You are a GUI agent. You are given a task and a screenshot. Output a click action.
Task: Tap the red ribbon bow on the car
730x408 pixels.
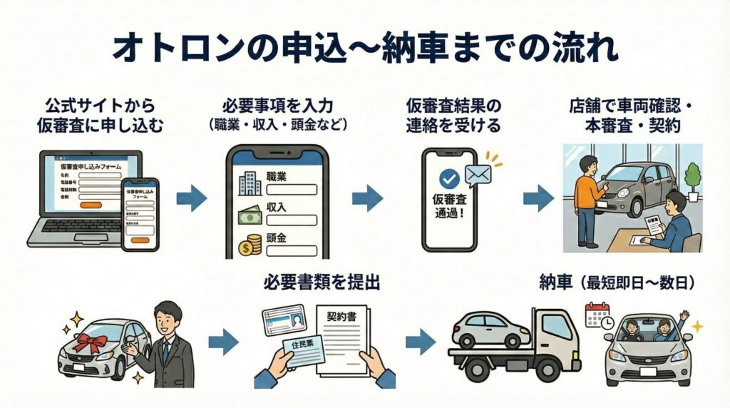[x=91, y=342]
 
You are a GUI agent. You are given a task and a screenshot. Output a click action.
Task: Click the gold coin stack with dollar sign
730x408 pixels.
[x=250, y=245]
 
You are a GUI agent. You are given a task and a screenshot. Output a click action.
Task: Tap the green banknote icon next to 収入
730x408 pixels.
[x=250, y=214]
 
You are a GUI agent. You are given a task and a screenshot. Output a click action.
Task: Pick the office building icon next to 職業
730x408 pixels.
[x=250, y=183]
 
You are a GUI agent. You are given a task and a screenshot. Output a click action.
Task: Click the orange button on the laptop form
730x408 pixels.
[x=91, y=205]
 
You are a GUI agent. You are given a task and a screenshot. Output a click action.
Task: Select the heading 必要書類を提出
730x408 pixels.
[x=321, y=282]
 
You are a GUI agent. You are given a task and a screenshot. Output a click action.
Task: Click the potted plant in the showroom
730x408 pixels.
[x=691, y=178]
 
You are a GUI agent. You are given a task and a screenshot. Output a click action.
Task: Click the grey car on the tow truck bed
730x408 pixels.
[x=485, y=330]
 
